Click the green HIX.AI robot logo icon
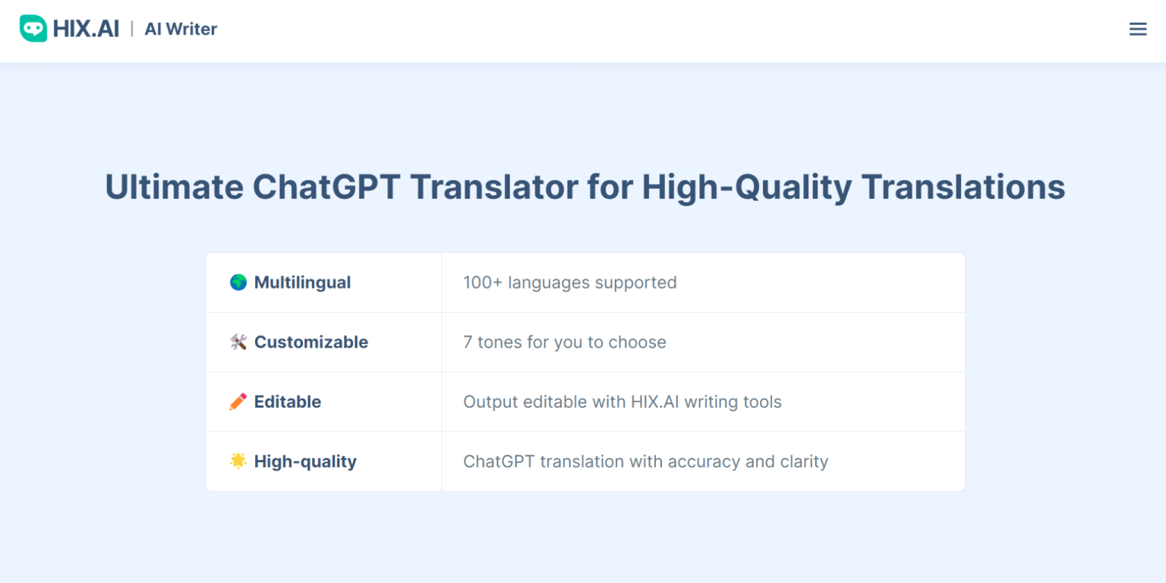(x=33, y=29)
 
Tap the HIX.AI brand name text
(x=86, y=29)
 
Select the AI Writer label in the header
(x=181, y=29)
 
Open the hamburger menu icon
(x=1137, y=29)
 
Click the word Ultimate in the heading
(x=174, y=187)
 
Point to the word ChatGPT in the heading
(x=326, y=187)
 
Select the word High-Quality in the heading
(x=746, y=187)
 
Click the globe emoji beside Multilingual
(x=238, y=282)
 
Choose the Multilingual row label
(x=302, y=282)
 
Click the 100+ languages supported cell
(x=569, y=282)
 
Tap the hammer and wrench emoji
(x=238, y=342)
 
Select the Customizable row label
(x=310, y=342)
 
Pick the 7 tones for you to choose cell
(x=564, y=342)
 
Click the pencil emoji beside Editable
(x=238, y=402)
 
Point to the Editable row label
(x=287, y=402)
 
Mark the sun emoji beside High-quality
(x=238, y=461)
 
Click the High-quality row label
(x=305, y=462)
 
